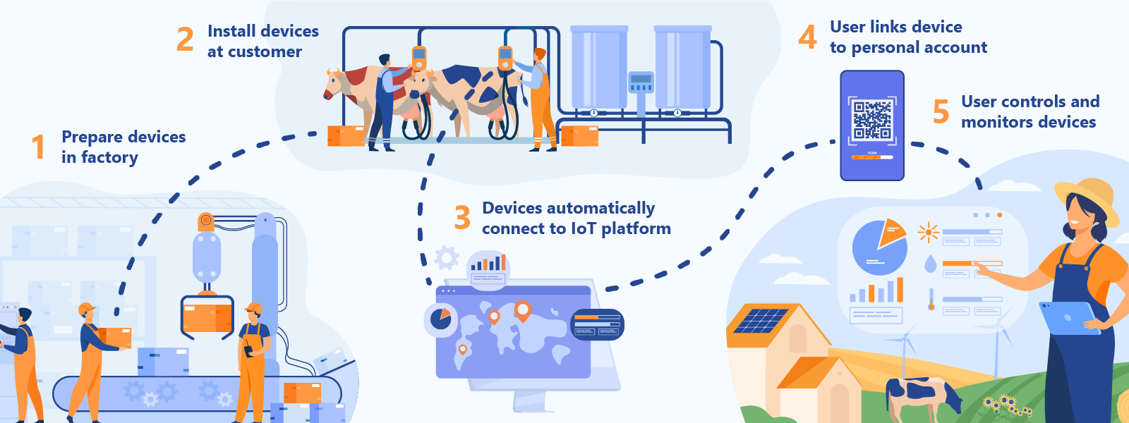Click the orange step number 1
(x=38, y=147)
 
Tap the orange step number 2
(x=185, y=39)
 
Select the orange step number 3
(x=462, y=218)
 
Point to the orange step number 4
(x=807, y=37)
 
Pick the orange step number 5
(x=941, y=111)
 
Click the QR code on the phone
(x=872, y=118)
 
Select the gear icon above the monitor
(x=446, y=258)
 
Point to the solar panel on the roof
(x=761, y=321)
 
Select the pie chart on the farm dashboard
(x=879, y=247)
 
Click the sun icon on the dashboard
(x=928, y=232)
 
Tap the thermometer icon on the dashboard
(x=931, y=300)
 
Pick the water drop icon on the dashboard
(x=931, y=264)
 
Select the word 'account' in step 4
(x=955, y=47)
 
